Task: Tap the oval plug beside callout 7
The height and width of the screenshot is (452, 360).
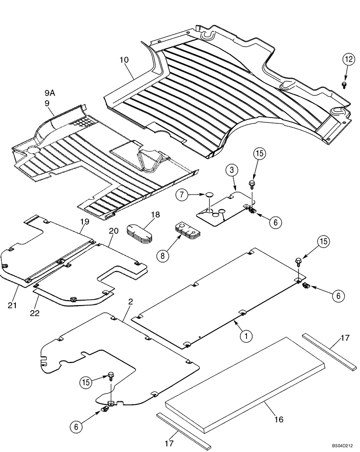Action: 210,195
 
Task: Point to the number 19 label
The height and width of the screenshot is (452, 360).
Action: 84,222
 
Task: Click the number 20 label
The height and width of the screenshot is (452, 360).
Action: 113,231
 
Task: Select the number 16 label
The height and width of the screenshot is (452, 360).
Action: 279,419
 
